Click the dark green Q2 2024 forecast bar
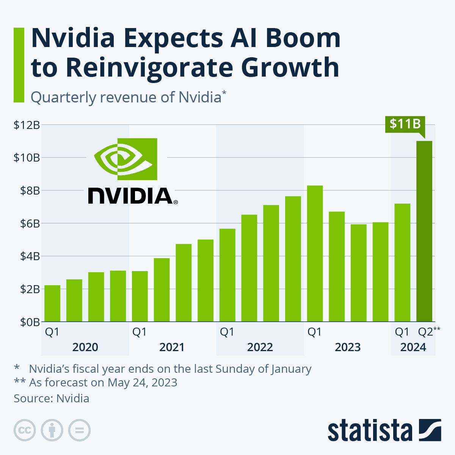point(424,231)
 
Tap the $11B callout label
point(405,124)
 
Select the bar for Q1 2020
point(52,303)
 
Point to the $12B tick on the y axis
point(27,125)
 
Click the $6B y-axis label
point(27,224)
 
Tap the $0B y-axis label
point(27,322)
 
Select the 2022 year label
point(260,347)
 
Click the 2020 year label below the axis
point(85,347)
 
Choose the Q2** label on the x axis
point(428,332)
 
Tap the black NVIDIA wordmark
point(131,196)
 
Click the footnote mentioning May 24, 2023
point(102,382)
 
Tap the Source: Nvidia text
point(52,399)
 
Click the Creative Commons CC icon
point(25,430)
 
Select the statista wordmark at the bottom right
point(370,431)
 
